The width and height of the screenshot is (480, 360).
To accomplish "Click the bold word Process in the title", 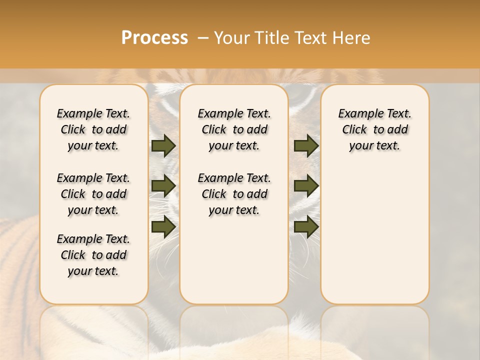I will click(154, 37).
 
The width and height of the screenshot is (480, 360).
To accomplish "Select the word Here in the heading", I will click(351, 37).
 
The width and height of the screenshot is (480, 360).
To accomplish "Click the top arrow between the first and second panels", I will click(163, 146).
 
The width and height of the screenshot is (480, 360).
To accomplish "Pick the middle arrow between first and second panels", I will click(163, 186).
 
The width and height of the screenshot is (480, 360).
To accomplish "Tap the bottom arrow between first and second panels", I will click(163, 226).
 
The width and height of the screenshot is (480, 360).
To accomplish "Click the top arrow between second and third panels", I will click(306, 146).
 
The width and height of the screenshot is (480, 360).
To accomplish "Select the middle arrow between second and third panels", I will click(306, 186).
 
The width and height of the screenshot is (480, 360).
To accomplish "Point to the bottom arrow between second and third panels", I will click(306, 226).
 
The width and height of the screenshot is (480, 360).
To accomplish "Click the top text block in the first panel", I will click(93, 129).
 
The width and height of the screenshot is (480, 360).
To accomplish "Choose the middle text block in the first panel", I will click(93, 194).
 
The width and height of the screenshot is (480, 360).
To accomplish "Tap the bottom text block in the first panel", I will click(93, 255).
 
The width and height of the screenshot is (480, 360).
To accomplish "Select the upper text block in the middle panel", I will click(234, 129).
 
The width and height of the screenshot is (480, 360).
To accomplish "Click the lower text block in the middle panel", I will click(234, 194).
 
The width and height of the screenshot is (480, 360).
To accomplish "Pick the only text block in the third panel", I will click(374, 129).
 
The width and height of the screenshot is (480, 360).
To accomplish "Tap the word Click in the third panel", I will click(354, 130).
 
